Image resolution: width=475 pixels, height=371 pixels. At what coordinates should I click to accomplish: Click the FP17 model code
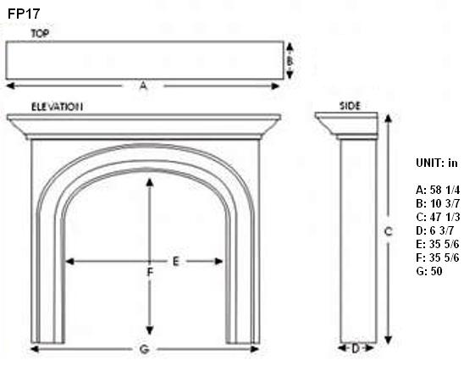click(24, 14)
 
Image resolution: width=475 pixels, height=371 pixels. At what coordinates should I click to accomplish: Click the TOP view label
click(40, 34)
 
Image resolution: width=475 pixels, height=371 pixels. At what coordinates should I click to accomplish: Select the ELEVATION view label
click(57, 107)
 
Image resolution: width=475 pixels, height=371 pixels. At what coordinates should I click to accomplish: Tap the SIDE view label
click(350, 106)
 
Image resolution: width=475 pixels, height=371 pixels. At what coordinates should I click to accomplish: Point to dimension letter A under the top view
click(143, 86)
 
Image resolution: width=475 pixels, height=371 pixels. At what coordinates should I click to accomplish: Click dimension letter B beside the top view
click(290, 61)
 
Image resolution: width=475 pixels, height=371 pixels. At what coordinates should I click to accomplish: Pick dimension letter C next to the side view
click(388, 232)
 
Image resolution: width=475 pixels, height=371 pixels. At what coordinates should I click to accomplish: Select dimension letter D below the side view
click(356, 348)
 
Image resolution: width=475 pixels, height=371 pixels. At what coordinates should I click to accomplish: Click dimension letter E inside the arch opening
click(176, 261)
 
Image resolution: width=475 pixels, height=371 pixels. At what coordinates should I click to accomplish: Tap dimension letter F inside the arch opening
click(150, 273)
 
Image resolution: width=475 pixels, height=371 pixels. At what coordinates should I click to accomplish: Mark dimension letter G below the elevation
click(145, 350)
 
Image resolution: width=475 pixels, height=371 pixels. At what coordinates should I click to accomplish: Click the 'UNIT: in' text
click(437, 163)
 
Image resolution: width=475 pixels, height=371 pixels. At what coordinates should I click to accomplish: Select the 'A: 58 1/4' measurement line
click(438, 190)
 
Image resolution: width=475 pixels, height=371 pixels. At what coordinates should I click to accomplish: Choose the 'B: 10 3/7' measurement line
click(438, 203)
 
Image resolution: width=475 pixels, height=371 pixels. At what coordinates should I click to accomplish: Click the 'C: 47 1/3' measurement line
click(438, 217)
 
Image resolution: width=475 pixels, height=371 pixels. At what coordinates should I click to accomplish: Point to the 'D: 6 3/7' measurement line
click(434, 230)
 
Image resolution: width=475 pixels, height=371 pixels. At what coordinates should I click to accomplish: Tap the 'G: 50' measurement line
click(429, 271)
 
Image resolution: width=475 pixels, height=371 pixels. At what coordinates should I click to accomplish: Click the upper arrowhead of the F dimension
click(150, 182)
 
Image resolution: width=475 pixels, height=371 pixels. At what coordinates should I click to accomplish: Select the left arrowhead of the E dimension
click(69, 261)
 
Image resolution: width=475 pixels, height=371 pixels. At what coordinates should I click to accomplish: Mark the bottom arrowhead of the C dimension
click(389, 340)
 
